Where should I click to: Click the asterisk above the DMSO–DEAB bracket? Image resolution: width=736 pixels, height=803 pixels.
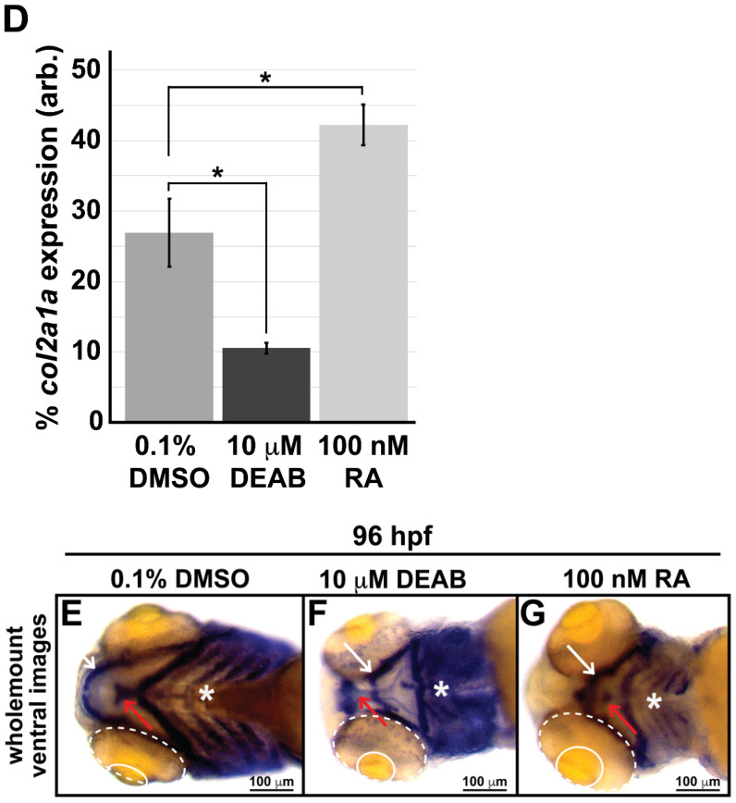217,173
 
